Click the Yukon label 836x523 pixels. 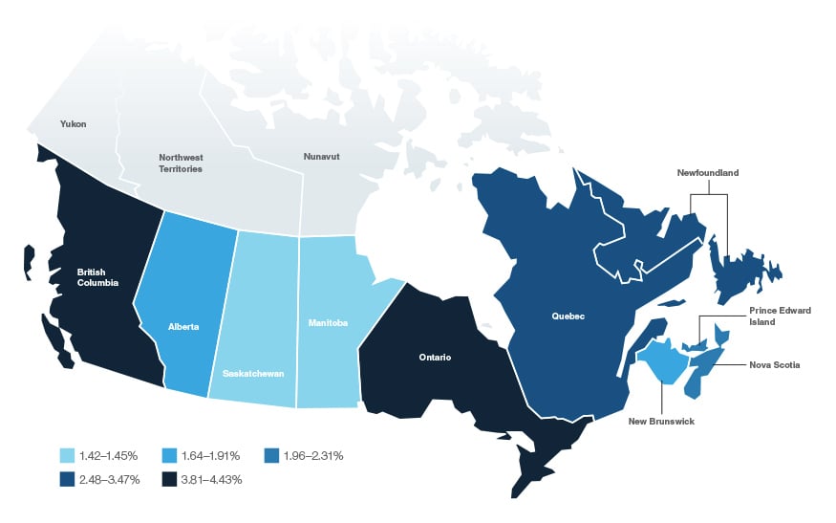(73, 124)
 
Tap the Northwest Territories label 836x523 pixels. (181, 163)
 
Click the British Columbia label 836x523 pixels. (97, 277)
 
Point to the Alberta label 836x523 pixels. (183, 327)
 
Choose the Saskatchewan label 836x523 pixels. (252, 373)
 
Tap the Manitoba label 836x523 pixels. (328, 322)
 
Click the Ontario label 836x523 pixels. (434, 357)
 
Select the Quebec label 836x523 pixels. (568, 316)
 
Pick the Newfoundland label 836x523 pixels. (708, 173)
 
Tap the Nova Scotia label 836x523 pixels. (775, 364)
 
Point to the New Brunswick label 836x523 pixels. (660, 421)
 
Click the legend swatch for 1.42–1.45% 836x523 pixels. (67, 456)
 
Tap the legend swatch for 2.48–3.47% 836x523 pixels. (67, 479)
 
